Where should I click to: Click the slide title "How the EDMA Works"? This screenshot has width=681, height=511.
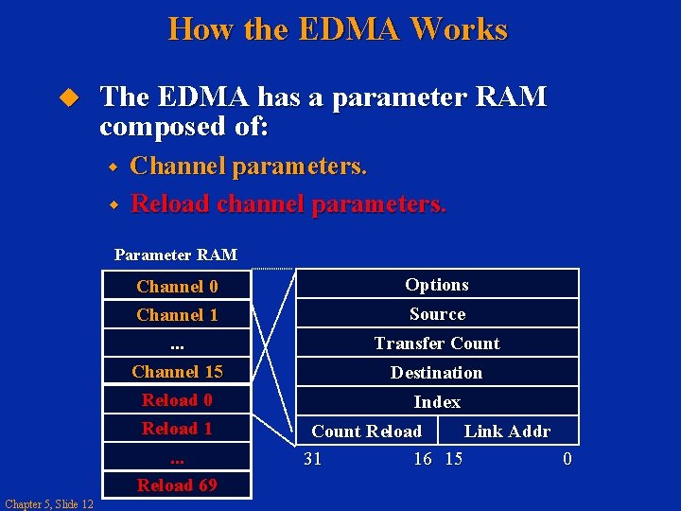[338, 29]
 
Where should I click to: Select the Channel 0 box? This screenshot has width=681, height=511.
[177, 286]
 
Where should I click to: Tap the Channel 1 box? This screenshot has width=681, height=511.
[177, 314]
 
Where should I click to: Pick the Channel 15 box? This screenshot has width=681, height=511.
[177, 371]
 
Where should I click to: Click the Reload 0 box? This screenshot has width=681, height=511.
[177, 399]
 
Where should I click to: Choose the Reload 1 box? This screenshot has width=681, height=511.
[177, 428]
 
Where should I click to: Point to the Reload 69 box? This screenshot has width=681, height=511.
[177, 485]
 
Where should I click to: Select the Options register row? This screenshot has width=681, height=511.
[437, 284]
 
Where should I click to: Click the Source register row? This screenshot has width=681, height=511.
[437, 313]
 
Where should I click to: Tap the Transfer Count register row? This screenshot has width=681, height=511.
[437, 343]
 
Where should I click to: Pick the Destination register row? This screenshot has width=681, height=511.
[437, 372]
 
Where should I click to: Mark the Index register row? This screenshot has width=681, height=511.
[437, 401]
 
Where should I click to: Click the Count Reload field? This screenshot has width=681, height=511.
[367, 431]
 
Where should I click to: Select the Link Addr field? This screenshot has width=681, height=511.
[507, 431]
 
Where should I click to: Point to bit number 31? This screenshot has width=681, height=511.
[312, 459]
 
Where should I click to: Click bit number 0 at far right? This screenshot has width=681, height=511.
[567, 459]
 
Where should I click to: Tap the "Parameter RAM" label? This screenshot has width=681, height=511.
[176, 254]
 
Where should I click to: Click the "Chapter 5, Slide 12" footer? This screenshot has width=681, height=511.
[49, 503]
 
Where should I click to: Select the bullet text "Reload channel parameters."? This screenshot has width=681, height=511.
[288, 203]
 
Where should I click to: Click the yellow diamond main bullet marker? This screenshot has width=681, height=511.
[66, 97]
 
